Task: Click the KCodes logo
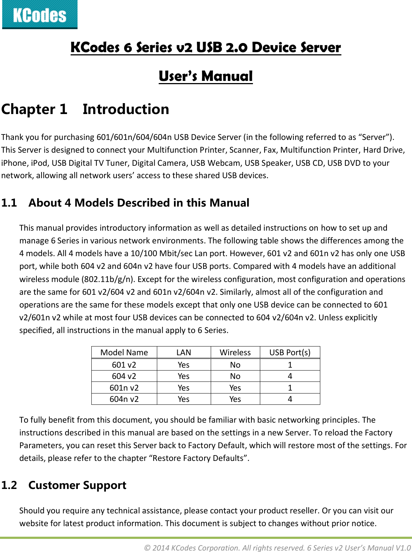pos(40,15)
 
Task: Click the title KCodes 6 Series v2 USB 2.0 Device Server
pos(206,48)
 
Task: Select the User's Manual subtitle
pos(206,76)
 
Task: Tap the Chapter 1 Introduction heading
pos(85,109)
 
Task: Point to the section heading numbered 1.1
pos(125,203)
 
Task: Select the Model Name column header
pos(124,352)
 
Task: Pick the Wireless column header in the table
pos(235,352)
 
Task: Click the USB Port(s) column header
pos(290,352)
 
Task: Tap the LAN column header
pos(183,352)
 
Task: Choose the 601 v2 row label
pos(124,365)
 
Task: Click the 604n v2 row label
pos(124,399)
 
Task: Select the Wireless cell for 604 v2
pos(235,376)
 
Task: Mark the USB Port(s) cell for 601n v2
pos(290,388)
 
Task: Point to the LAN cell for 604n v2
pos(183,399)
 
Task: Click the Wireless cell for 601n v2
pos(235,388)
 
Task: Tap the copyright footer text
pos(277,548)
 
